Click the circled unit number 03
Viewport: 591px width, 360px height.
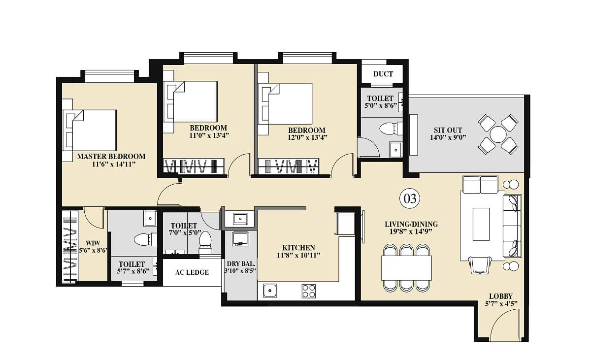(410, 198)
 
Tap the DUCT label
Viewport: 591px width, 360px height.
(383, 74)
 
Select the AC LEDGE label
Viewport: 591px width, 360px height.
(192, 272)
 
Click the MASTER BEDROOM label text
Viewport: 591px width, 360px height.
(111, 156)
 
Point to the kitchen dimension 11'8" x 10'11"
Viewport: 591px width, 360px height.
(298, 255)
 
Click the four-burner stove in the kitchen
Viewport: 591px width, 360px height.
(309, 291)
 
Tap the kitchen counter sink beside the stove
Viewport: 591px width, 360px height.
(270, 291)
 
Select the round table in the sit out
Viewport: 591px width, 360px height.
(498, 134)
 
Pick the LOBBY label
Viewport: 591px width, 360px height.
(501, 296)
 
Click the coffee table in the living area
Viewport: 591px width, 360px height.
(481, 224)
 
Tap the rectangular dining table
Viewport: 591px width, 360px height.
(406, 268)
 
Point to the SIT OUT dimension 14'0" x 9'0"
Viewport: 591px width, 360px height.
(448, 137)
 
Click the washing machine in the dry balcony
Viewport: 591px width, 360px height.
(240, 239)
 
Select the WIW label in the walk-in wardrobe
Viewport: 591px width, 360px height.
(93, 243)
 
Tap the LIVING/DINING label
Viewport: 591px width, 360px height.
(411, 224)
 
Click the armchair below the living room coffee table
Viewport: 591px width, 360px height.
(480, 265)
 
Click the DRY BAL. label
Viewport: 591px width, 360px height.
(241, 263)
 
